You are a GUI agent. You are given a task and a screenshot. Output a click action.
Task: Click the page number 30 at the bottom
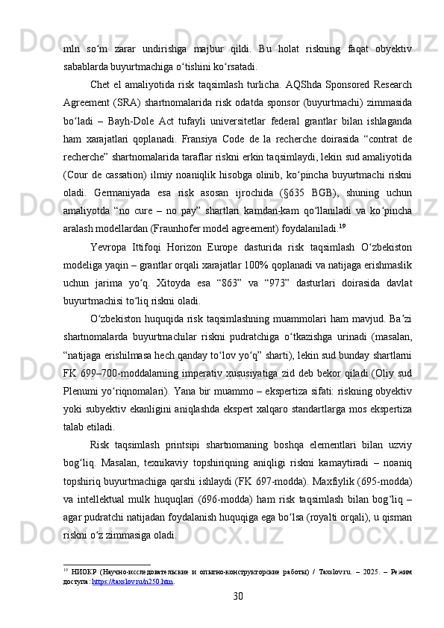point(238,595)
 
